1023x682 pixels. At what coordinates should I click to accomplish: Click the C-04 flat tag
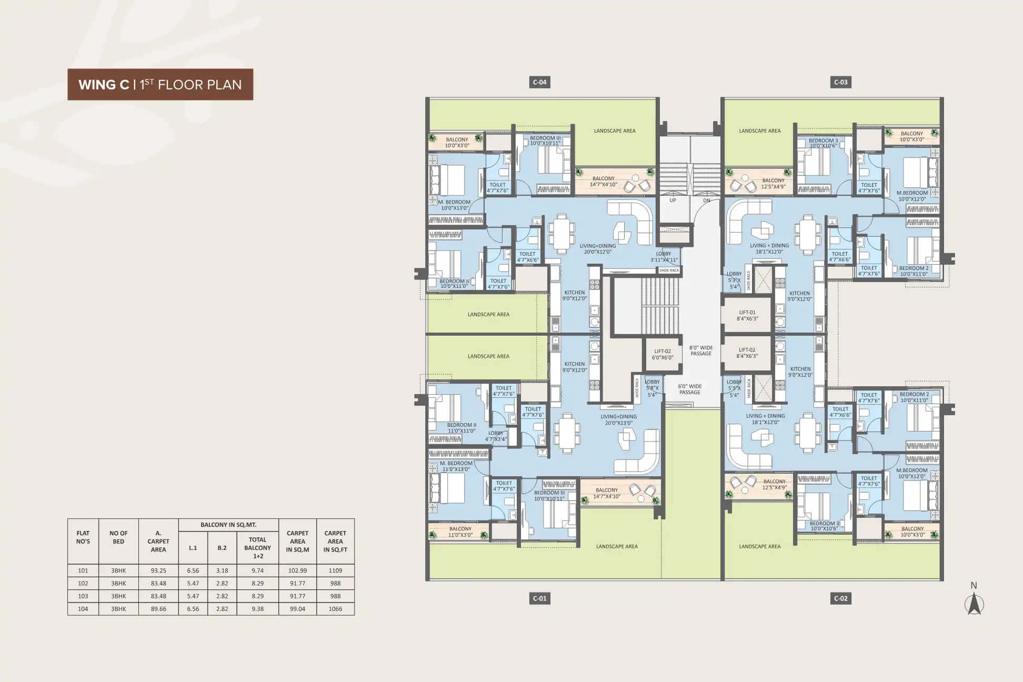tap(539, 82)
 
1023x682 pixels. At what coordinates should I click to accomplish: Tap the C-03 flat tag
tap(840, 82)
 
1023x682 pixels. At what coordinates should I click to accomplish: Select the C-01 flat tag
tap(539, 598)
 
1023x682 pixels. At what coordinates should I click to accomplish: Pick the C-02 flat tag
tap(840, 598)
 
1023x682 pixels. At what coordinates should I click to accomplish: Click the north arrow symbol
tap(974, 603)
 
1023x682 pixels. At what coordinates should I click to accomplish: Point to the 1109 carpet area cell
tap(335, 570)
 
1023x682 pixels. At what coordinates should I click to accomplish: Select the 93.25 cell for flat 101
tap(158, 570)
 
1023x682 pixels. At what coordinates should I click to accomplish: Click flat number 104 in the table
tap(83, 609)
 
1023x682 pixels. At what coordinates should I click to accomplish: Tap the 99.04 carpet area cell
tap(298, 609)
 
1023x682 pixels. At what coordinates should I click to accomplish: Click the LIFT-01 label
tap(747, 313)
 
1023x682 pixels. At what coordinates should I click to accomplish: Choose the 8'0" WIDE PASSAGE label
tap(701, 350)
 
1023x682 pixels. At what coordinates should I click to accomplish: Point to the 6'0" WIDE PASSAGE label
tap(689, 389)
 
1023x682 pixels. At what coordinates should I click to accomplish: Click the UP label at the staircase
tap(673, 200)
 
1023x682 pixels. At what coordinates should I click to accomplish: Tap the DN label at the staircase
tap(707, 200)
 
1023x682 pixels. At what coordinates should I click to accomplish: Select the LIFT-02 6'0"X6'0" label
tap(663, 354)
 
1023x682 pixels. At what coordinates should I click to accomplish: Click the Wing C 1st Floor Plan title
tap(160, 84)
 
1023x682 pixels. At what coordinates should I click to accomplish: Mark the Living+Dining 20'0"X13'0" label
tap(618, 419)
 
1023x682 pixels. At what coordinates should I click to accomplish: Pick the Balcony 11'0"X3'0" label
tap(460, 532)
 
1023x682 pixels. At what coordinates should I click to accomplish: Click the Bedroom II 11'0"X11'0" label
tap(462, 428)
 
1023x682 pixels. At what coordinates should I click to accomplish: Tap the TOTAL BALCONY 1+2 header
tap(257, 548)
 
